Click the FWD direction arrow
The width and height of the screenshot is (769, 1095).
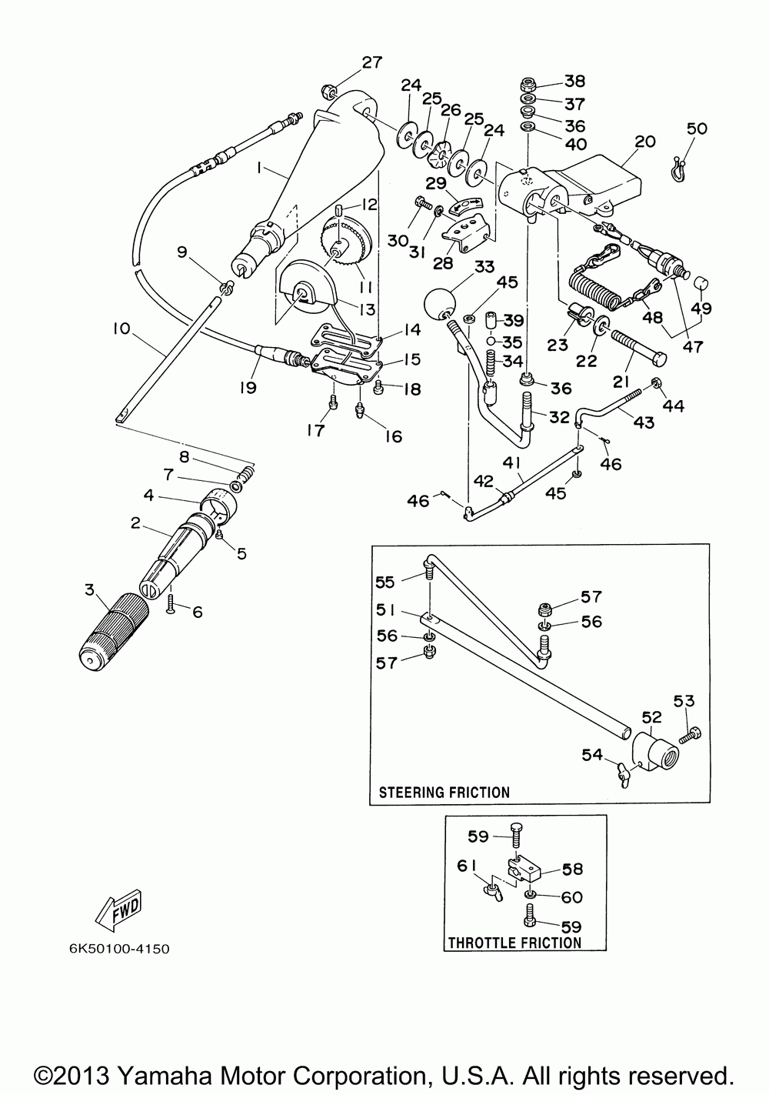pyautogui.click(x=118, y=910)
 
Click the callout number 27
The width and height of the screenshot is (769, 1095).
pyautogui.click(x=371, y=62)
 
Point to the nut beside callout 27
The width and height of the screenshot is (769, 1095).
pyautogui.click(x=327, y=90)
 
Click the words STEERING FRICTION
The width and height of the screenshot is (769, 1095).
pyautogui.click(x=444, y=792)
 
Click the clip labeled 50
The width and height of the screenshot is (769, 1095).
pyautogui.click(x=678, y=169)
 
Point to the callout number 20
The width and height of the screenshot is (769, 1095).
pyautogui.click(x=645, y=142)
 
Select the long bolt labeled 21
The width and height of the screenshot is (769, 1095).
pyautogui.click(x=636, y=346)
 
